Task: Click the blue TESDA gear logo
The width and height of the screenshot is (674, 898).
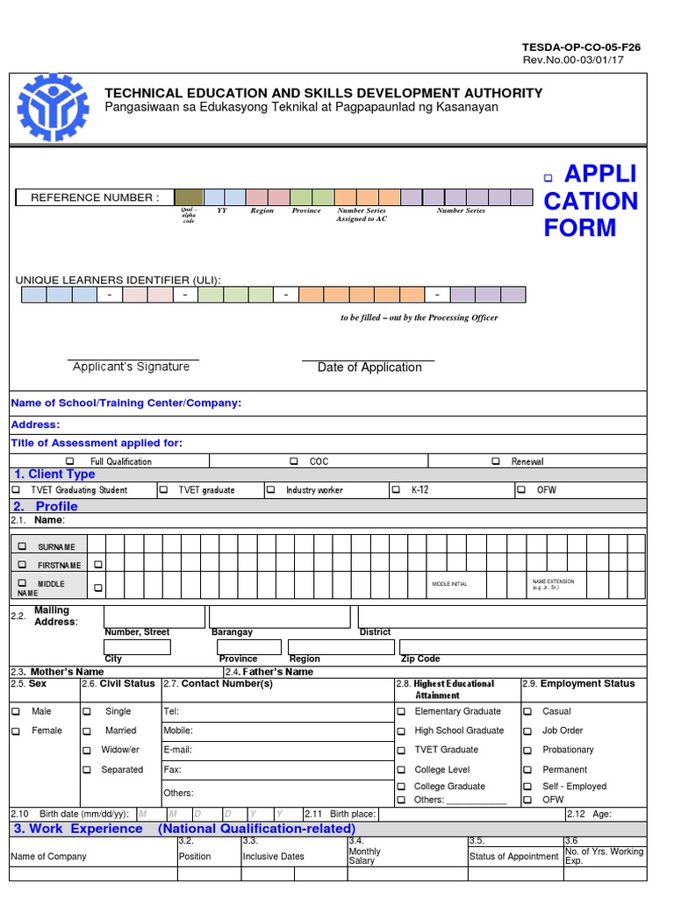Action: point(54,104)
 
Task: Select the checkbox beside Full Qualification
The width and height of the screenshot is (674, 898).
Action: point(70,461)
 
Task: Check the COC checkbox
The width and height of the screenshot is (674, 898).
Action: point(294,461)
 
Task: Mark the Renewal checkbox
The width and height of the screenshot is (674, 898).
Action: point(496,461)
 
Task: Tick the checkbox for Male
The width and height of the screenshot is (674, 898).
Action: point(16,711)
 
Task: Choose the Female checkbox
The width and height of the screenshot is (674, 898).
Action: point(16,731)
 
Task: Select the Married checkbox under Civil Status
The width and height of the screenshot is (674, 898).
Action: point(87,731)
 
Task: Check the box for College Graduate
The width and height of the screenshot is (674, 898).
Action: point(401,787)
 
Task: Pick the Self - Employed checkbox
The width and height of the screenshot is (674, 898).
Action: point(527,787)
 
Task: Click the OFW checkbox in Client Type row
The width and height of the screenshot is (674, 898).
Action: point(521,490)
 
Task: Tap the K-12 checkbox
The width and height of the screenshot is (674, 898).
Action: point(396,490)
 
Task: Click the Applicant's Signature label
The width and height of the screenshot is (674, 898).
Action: point(131,367)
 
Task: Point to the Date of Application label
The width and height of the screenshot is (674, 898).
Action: point(369,367)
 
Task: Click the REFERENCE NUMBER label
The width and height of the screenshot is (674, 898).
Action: point(95,197)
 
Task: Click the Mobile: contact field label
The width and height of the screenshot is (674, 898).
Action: point(178,731)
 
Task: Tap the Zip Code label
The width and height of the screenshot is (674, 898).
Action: point(420,659)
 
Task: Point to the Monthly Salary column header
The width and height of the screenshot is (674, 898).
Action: point(364,856)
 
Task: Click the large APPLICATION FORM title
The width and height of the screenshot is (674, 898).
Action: point(591,201)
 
